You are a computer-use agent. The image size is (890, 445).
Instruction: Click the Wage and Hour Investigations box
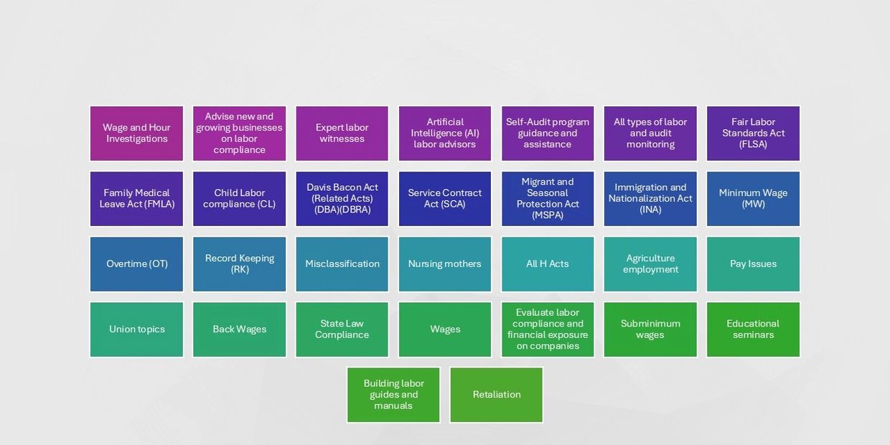(x=136, y=133)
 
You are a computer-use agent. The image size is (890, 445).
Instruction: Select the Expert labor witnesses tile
(x=342, y=133)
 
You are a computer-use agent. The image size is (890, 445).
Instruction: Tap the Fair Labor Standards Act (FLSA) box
(x=754, y=133)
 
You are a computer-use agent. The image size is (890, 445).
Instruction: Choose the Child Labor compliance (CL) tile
(x=239, y=199)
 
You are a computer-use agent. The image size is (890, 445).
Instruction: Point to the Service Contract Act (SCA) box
(x=445, y=199)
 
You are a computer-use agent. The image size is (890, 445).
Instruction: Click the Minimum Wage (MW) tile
(x=754, y=199)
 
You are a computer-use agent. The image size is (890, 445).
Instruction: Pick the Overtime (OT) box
(x=136, y=264)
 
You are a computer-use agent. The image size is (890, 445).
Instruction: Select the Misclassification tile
(x=342, y=264)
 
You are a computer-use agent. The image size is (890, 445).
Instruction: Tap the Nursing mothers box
(x=445, y=264)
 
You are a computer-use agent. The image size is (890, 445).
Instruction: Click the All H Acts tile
(x=548, y=264)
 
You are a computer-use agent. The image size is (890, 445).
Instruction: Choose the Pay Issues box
(x=754, y=264)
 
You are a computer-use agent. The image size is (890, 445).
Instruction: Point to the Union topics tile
(x=136, y=329)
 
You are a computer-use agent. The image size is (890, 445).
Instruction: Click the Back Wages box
(x=239, y=329)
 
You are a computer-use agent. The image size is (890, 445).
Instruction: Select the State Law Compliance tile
(x=342, y=329)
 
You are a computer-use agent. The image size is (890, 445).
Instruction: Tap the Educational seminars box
(x=754, y=329)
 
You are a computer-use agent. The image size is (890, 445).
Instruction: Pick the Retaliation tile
(x=496, y=395)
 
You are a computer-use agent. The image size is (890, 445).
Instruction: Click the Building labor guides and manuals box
(x=393, y=395)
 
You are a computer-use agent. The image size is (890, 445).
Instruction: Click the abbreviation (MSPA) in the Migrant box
(x=548, y=215)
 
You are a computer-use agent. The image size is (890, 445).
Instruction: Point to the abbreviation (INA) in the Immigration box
(x=650, y=210)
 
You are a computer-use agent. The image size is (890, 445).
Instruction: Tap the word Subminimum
(x=650, y=324)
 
